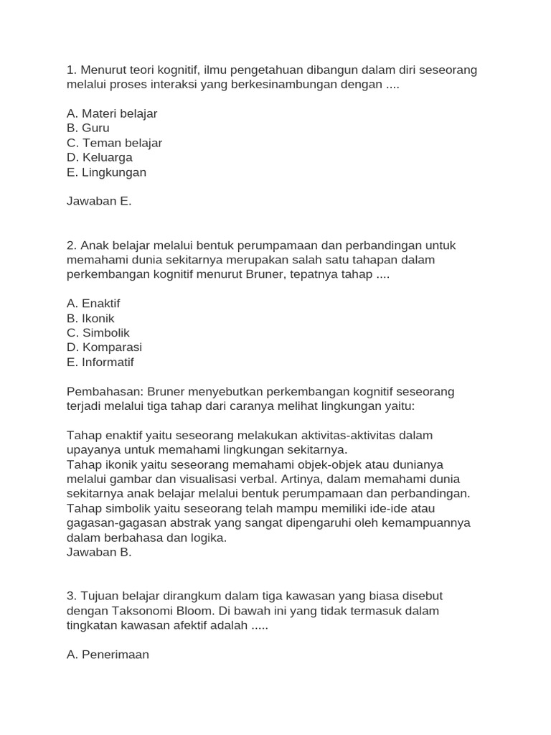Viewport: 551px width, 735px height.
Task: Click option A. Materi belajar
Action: (x=112, y=113)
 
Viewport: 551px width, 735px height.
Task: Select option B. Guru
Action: (x=88, y=128)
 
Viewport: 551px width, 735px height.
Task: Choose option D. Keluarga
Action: (x=100, y=157)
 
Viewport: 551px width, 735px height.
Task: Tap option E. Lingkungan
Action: (x=106, y=172)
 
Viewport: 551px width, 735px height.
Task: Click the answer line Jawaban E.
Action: (x=99, y=201)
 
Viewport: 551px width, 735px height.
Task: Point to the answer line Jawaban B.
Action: (x=99, y=552)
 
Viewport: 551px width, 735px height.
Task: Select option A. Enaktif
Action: (x=93, y=304)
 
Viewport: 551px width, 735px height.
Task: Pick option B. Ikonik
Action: (x=90, y=318)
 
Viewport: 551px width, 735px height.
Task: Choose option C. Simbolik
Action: (x=98, y=333)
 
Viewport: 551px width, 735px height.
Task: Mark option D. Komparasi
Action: (x=104, y=347)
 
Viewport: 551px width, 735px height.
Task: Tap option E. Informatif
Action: (x=100, y=362)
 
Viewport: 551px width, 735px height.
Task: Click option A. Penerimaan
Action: (x=108, y=655)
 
